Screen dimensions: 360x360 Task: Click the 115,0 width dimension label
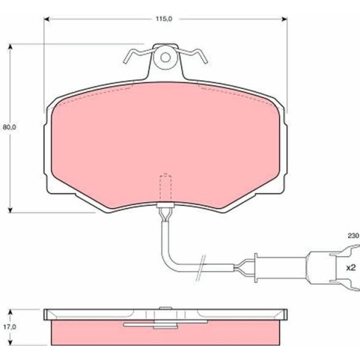tap(164, 19)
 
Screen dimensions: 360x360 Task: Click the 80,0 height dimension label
tap(9, 127)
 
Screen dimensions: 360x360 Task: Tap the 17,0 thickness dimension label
tap(9, 327)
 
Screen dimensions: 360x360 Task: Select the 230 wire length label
tap(353, 236)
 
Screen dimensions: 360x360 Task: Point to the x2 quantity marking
tap(351, 268)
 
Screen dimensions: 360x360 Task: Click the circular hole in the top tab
tap(165, 58)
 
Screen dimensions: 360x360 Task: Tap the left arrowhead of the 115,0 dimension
tap(47, 20)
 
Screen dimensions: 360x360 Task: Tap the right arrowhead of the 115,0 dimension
tap(284, 20)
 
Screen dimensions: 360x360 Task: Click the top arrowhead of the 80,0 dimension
tap(10, 47)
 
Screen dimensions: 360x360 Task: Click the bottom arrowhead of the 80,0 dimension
tap(10, 210)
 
